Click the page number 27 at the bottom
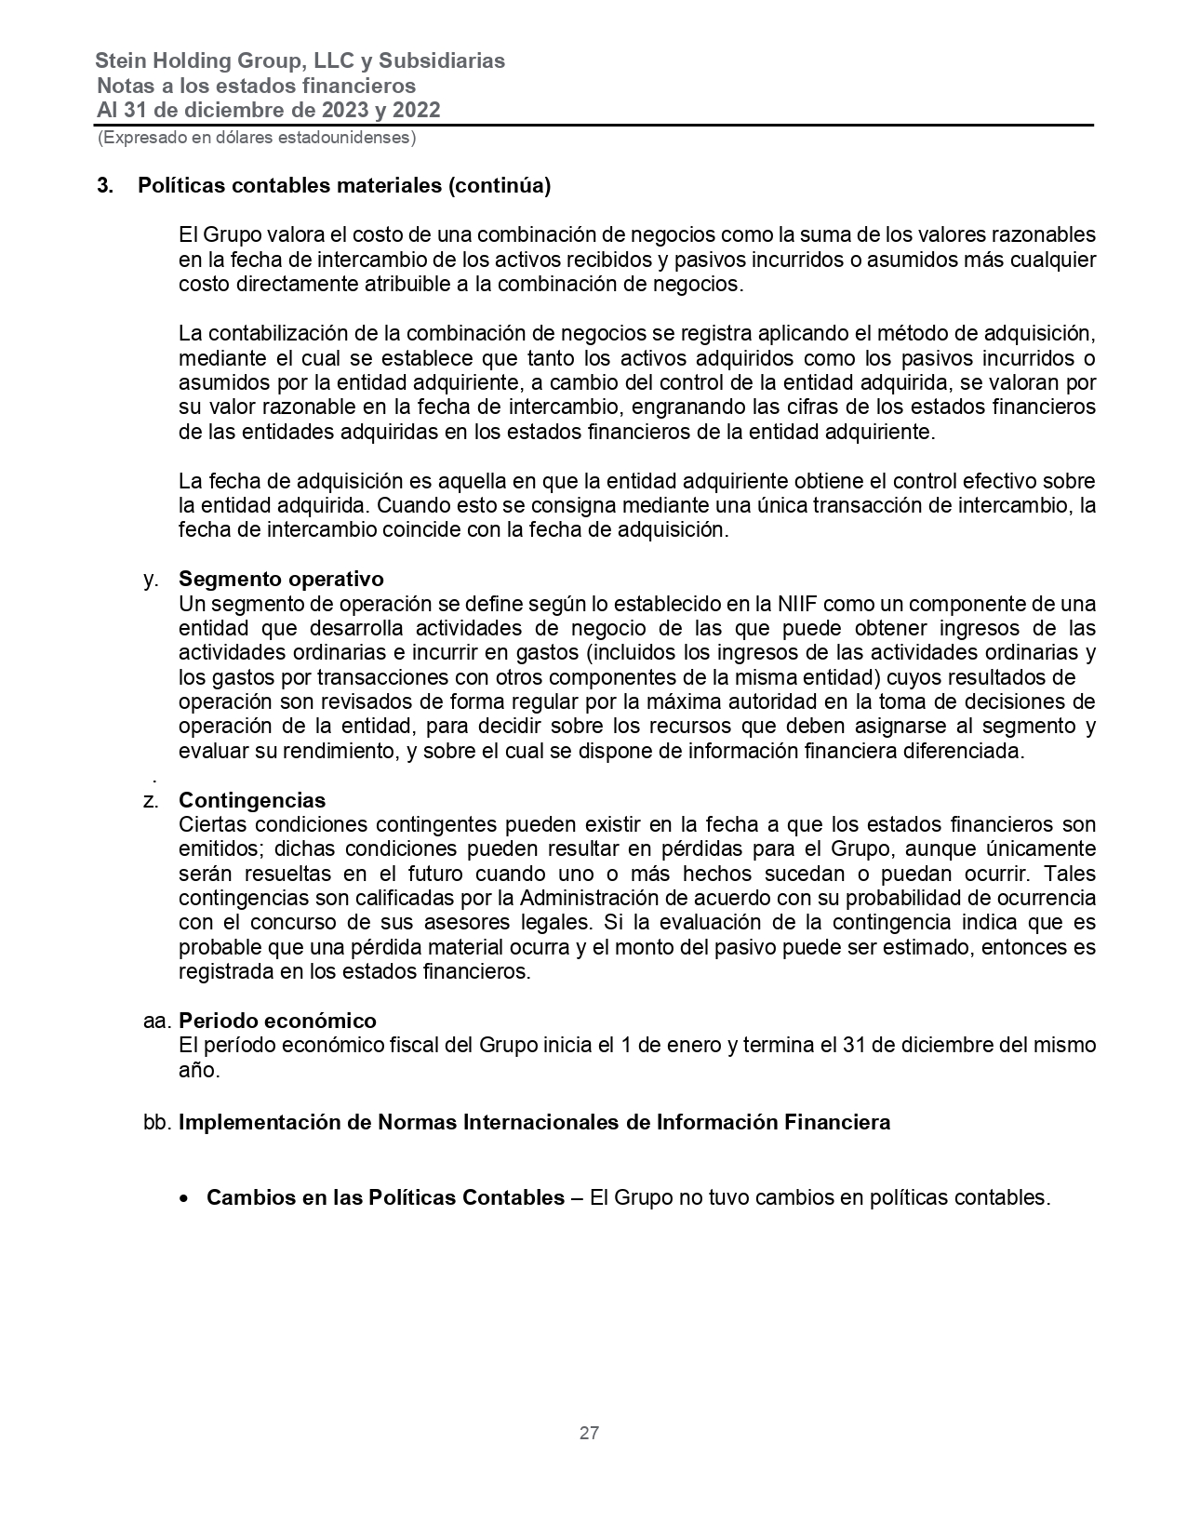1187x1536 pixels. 589,1433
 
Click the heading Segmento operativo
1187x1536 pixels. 281,579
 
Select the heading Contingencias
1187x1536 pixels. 252,800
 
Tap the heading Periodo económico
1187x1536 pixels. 277,1021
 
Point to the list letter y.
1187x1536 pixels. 150,579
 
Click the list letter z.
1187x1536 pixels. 150,800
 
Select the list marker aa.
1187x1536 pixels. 156,1021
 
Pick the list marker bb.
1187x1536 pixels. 157,1122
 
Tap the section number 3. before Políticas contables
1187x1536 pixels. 105,185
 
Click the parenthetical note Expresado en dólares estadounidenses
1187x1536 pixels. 257,138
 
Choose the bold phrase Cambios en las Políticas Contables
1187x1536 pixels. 385,1198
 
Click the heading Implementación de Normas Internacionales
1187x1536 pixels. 534,1122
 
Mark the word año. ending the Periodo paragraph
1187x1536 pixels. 199,1070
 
